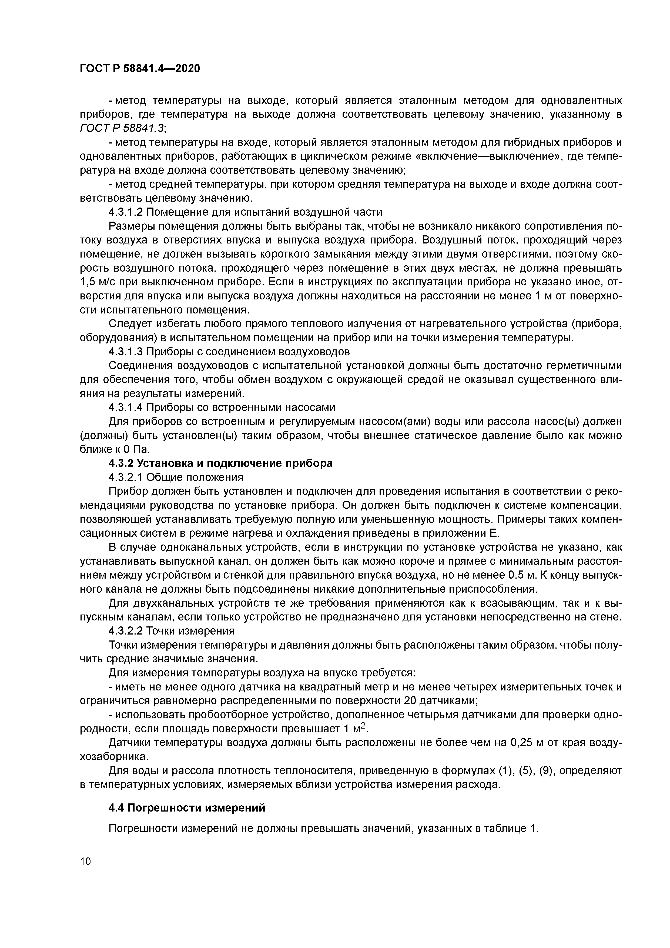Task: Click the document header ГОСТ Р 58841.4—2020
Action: tap(139, 68)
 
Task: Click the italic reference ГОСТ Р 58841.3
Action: tap(122, 128)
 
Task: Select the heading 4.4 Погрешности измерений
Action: tap(187, 808)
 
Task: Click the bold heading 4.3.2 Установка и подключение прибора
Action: tap(220, 463)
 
